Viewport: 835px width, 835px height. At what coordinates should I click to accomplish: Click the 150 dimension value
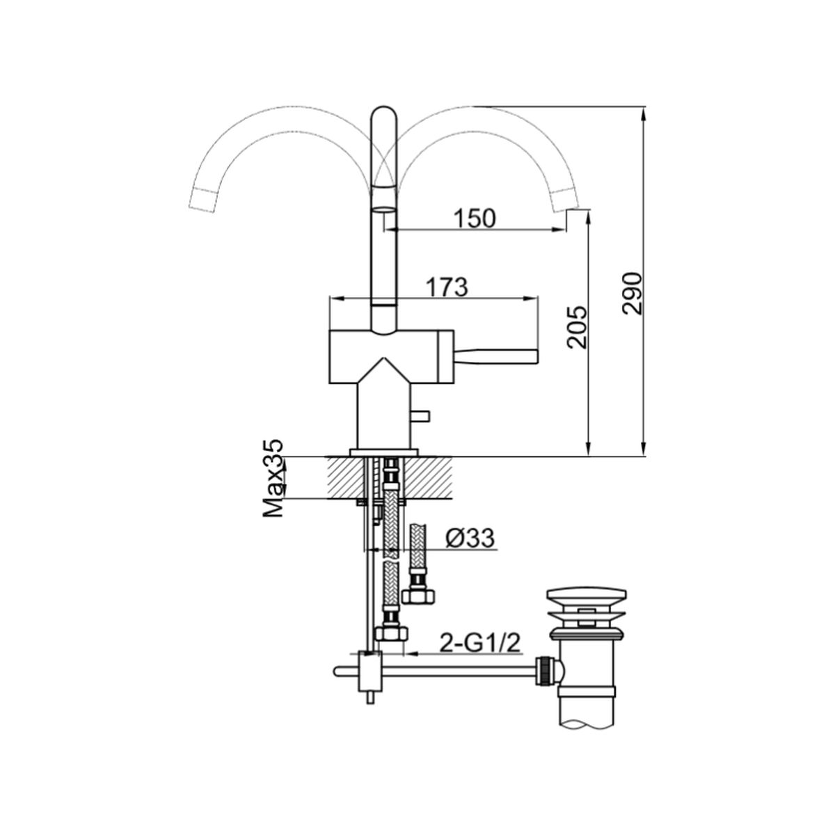pos(474,218)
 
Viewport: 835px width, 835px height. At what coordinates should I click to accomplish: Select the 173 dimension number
pos(447,287)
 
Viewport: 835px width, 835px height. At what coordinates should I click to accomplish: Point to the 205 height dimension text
pos(577,327)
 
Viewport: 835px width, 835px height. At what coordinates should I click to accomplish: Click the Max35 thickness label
pos(273,478)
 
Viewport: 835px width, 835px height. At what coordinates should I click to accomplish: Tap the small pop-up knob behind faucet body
pos(420,415)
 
